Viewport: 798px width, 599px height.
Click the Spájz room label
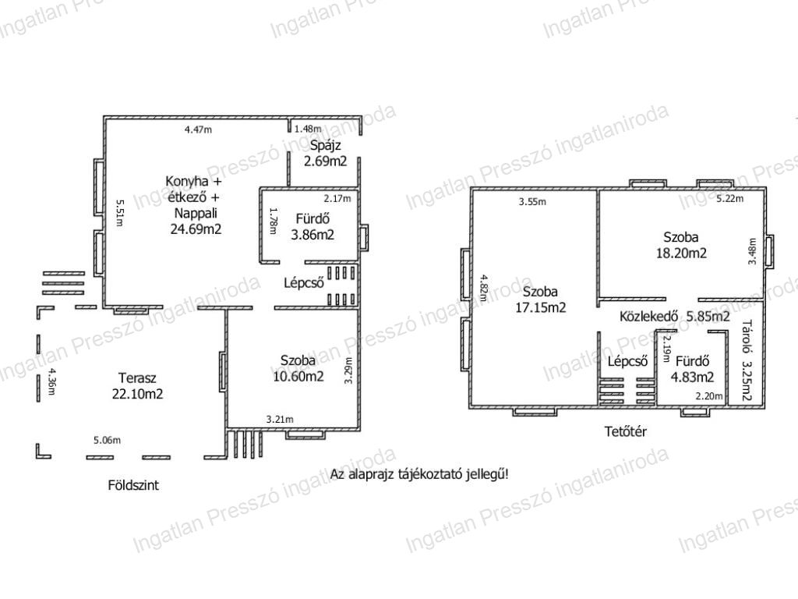tap(325, 146)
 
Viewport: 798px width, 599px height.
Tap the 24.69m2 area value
tap(196, 229)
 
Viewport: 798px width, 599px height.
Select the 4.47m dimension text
tap(198, 129)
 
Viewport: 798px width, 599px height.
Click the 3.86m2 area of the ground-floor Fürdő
tap(312, 235)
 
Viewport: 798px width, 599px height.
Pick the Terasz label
tap(137, 378)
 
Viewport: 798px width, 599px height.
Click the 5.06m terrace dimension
tap(107, 440)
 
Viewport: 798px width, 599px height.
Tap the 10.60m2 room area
tap(298, 377)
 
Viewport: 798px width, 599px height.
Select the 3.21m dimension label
tap(280, 420)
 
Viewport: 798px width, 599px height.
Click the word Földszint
tap(133, 485)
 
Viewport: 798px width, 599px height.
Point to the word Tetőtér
tap(626, 431)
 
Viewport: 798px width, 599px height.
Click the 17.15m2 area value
tap(541, 307)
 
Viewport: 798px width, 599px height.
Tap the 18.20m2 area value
tap(681, 253)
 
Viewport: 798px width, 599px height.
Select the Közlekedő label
tap(648, 317)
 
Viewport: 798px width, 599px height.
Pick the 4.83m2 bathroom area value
tap(692, 377)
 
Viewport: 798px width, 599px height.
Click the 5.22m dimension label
tap(729, 198)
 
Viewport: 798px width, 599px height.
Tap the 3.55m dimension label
tap(532, 202)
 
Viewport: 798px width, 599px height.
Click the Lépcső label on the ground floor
tap(304, 282)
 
